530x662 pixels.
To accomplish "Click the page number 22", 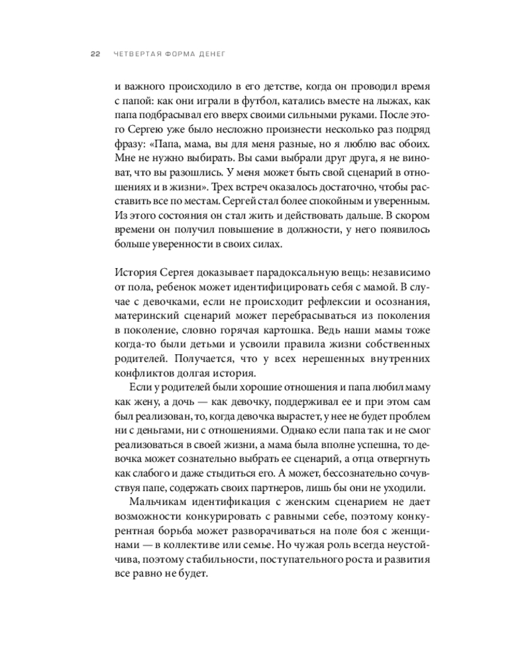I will click(x=95, y=56).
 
